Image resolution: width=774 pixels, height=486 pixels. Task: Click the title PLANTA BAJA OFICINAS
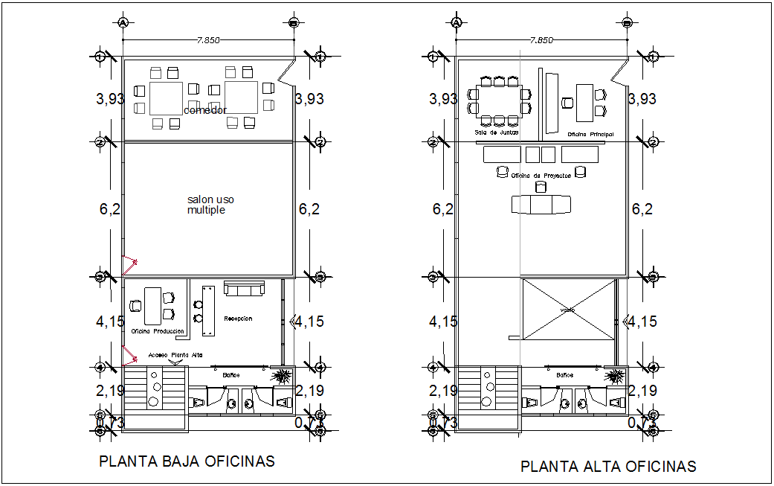point(187,461)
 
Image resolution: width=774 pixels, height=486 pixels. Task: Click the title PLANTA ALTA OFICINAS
point(608,467)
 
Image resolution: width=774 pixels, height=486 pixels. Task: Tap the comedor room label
point(205,110)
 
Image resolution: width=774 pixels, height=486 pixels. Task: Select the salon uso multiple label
point(210,205)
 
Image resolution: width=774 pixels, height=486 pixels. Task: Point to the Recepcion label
point(238,319)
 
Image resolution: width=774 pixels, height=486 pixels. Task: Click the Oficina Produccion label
point(158,330)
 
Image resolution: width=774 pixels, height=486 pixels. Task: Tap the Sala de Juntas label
point(497,132)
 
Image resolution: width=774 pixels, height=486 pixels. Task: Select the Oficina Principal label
point(590,134)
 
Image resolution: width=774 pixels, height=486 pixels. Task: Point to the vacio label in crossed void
point(569,310)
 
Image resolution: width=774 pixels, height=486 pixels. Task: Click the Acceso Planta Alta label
point(175,356)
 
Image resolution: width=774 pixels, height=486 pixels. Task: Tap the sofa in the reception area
point(245,289)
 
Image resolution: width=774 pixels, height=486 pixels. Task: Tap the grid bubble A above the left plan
point(123,23)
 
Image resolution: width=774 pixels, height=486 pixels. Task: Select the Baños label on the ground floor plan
point(231,375)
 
